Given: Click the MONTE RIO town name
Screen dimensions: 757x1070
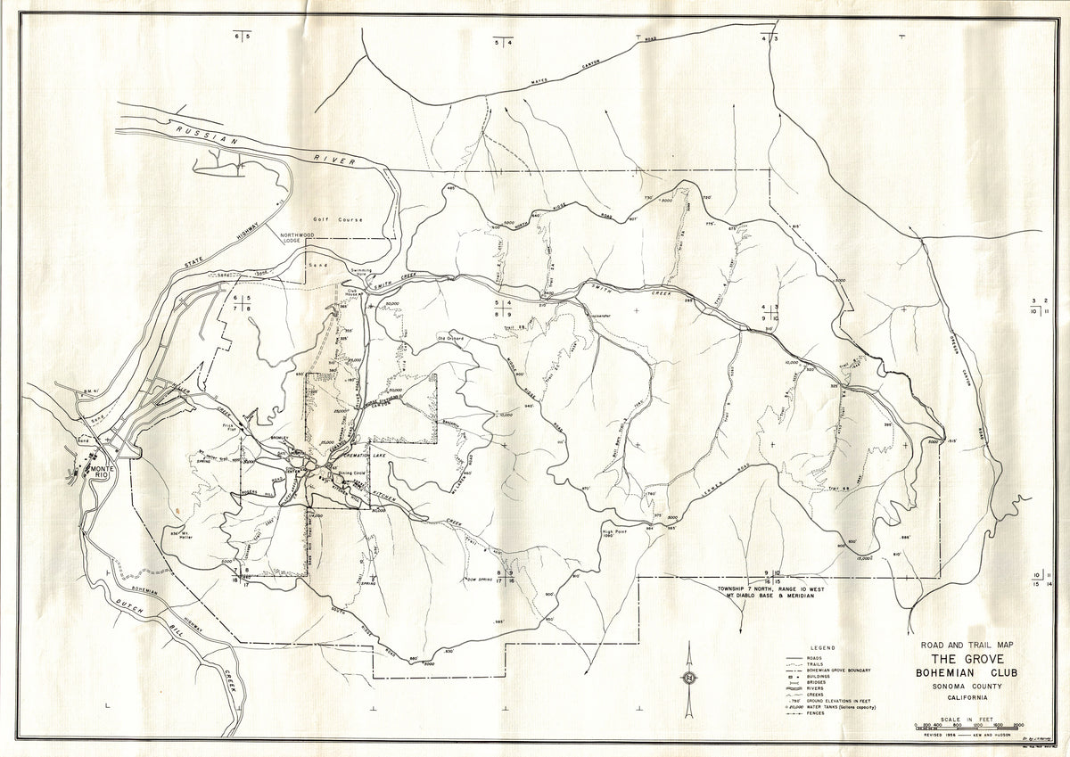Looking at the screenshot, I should [x=100, y=469].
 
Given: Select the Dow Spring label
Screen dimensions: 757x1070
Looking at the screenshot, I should [x=480, y=580].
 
